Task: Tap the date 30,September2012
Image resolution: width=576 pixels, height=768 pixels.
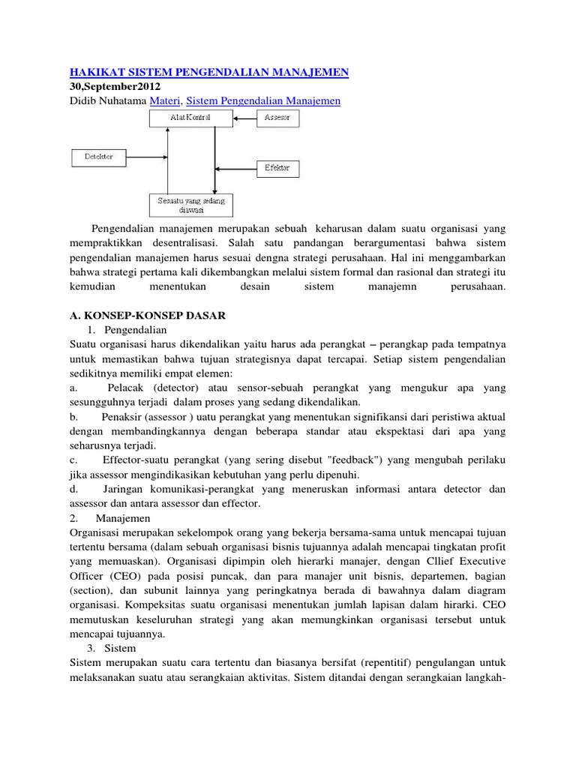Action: (118, 86)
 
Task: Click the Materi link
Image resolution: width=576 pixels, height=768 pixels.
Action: (164, 100)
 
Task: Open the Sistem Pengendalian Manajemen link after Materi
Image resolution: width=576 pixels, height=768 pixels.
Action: (262, 100)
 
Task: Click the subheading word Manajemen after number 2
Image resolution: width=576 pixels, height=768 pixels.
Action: (124, 517)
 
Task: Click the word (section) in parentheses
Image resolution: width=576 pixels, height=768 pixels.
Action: (89, 590)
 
